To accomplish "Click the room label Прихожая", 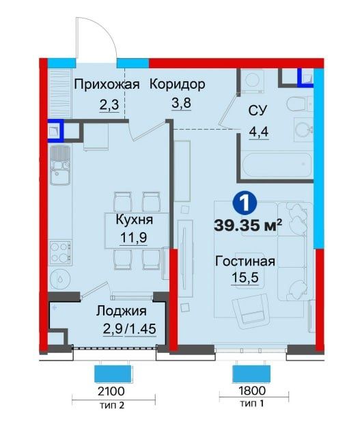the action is (x=107, y=85).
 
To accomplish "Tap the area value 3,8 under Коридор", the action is (x=181, y=103).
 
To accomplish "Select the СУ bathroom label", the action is (x=258, y=111).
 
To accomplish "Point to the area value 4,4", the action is (x=259, y=132).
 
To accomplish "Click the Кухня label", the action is (x=135, y=220).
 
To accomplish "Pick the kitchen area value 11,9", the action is (x=133, y=238).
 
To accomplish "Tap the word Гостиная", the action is (x=245, y=262).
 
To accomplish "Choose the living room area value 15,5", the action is (x=245, y=278).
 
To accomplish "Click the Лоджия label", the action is (x=122, y=311).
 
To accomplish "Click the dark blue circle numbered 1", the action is (x=245, y=203).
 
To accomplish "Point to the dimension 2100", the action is (x=111, y=391).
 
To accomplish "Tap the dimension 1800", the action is (x=252, y=391).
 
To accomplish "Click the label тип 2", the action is (x=112, y=405).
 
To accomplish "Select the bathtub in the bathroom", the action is (x=277, y=166).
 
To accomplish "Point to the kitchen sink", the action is (x=60, y=165).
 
